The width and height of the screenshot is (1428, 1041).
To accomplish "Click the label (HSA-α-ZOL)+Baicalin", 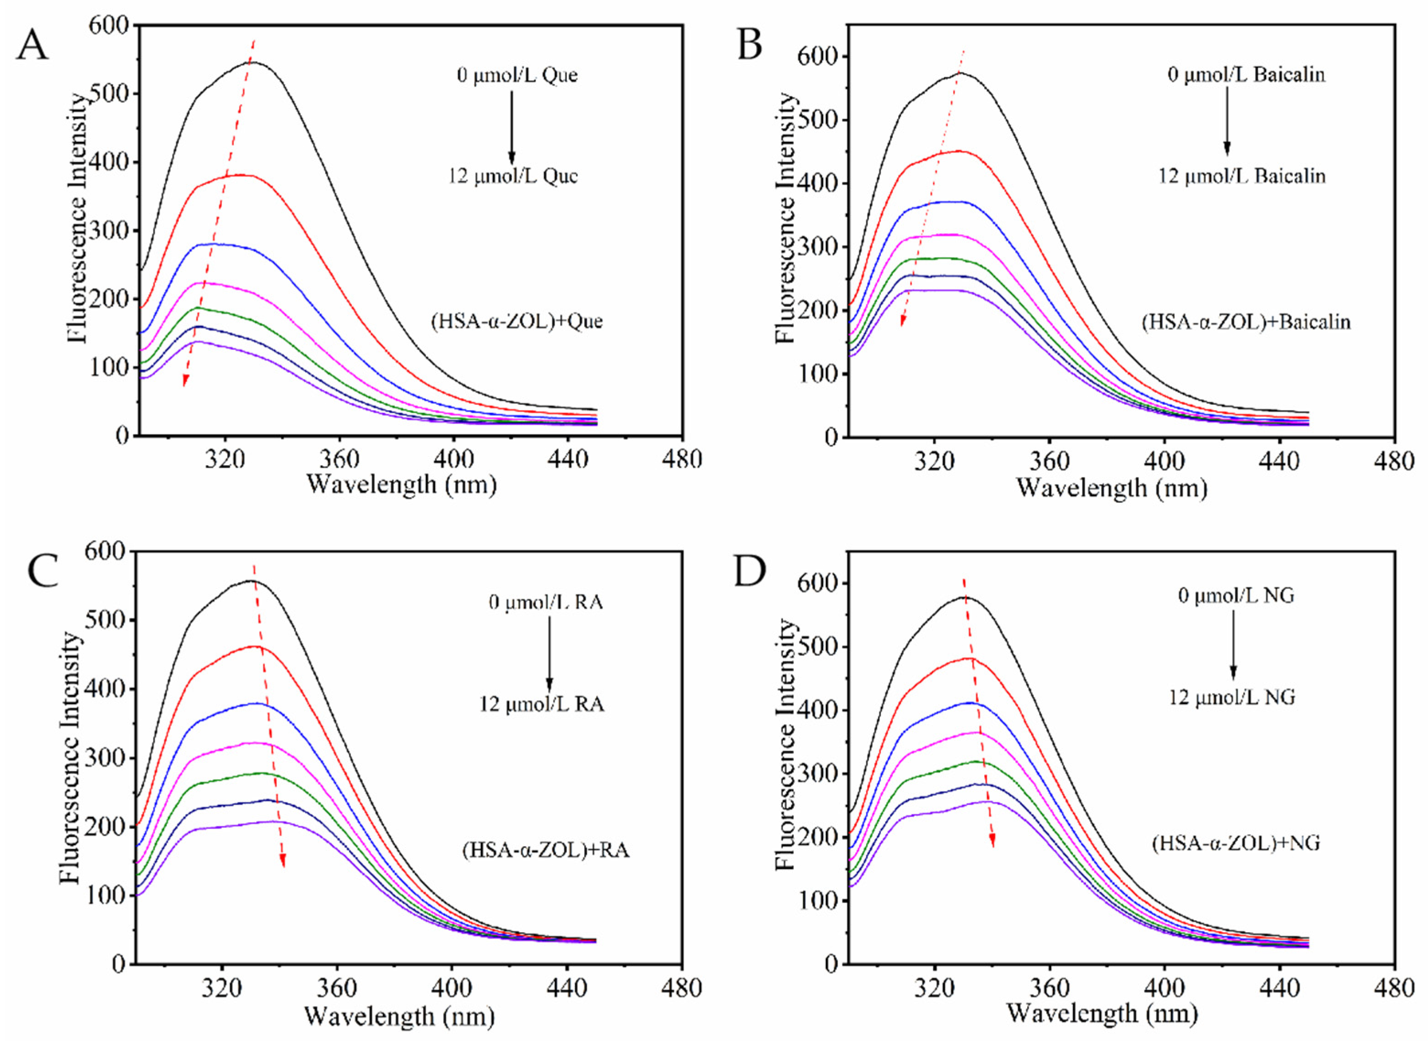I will point(1246,322).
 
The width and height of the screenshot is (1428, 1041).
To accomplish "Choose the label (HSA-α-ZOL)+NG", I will point(1236,842).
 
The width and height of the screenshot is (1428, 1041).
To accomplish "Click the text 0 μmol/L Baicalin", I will point(1246,75).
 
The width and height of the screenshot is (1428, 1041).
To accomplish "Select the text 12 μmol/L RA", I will point(541,703).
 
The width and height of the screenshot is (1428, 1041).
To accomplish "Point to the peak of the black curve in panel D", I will point(964,597).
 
